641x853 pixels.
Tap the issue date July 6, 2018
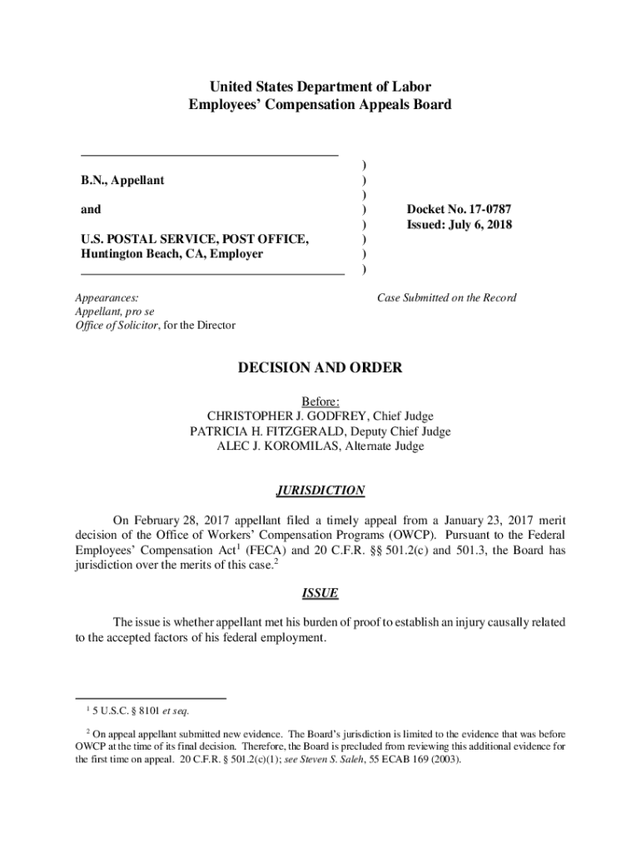click(480, 225)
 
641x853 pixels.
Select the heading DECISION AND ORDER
click(320, 367)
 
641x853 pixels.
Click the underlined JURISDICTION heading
click(320, 491)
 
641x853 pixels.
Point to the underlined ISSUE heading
click(320, 593)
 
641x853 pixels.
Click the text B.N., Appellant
click(122, 180)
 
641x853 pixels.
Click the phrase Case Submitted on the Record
click(446, 297)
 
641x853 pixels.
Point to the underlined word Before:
click(320, 402)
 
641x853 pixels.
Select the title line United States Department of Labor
click(320, 87)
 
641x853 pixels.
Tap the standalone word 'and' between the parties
click(92, 210)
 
